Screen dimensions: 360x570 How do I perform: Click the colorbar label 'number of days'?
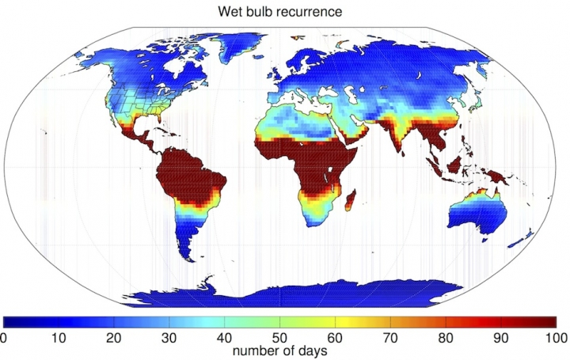tap(283, 351)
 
